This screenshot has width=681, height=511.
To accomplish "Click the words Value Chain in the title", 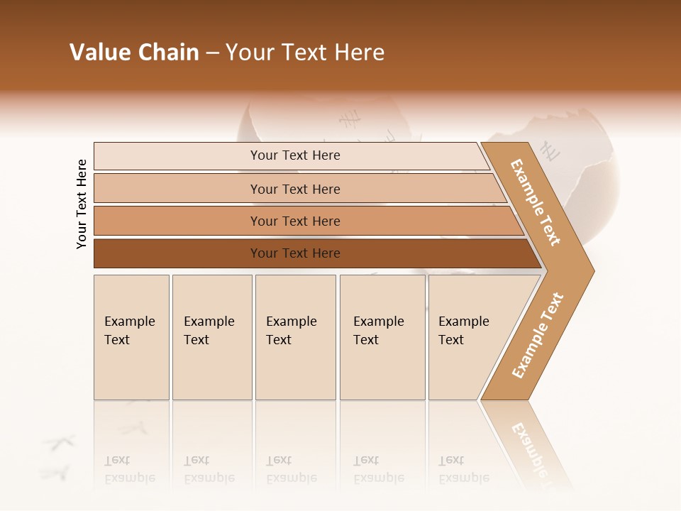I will click(134, 53).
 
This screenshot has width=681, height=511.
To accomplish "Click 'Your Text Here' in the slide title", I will click(305, 53).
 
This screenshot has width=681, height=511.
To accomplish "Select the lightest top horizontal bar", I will click(294, 155).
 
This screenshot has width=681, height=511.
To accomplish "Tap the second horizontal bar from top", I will click(294, 189).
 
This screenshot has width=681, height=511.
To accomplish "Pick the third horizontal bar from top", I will click(294, 221).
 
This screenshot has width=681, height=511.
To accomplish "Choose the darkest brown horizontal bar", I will click(294, 253).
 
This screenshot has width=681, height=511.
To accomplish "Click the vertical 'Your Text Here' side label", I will click(82, 204).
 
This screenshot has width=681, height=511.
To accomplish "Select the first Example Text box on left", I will click(131, 337).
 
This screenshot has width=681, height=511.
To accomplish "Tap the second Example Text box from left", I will click(211, 337).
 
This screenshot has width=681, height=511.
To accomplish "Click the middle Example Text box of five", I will click(295, 337).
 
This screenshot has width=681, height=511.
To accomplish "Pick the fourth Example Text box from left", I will click(382, 337).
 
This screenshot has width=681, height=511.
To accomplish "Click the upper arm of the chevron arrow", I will click(536, 203).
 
